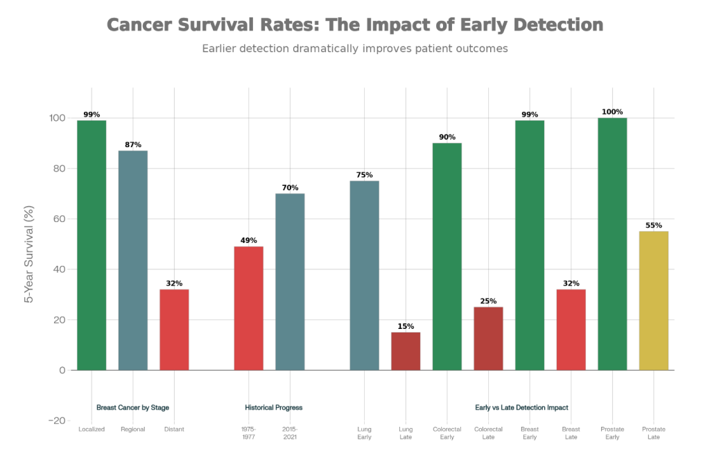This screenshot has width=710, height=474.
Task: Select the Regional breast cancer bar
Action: pos(132,260)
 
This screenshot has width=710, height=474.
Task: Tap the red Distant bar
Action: pos(174,330)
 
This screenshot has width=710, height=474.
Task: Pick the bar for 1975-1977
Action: pos(248,308)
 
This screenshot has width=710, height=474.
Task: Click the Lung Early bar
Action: pos(364,275)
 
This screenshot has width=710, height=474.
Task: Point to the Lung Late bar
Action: pos(406,351)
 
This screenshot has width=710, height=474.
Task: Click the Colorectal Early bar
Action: pos(447,256)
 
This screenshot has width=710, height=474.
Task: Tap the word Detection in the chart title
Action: pos(558,25)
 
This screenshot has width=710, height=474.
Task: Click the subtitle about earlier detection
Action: pos(355,49)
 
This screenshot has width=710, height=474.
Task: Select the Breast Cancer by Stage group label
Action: pos(132,407)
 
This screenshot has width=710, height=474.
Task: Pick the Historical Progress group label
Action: pos(274,407)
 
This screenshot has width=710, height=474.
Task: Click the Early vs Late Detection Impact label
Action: pos(522,407)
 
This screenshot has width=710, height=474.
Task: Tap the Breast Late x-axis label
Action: pos(571,433)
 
